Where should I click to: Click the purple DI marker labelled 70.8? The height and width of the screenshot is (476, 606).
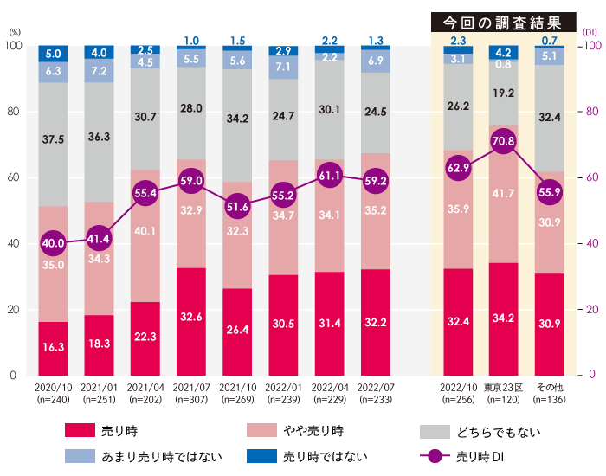(x=503, y=141)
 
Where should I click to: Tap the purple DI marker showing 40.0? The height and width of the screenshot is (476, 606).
(x=54, y=243)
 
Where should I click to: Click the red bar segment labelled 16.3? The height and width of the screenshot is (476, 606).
(x=54, y=346)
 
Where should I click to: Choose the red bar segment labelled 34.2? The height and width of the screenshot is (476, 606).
(x=503, y=318)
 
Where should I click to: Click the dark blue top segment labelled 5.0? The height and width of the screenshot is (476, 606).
(x=54, y=54)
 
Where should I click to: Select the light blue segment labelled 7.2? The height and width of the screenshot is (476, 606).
(x=100, y=70)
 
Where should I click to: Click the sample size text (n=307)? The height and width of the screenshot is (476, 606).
(x=191, y=401)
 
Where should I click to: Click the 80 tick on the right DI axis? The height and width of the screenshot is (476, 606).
(x=593, y=112)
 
